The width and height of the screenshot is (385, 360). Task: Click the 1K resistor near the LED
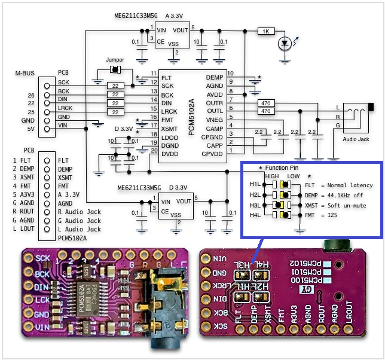(266, 30)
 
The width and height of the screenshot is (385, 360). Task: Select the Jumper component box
(115, 71)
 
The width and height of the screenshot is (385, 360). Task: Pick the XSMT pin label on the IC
(168, 129)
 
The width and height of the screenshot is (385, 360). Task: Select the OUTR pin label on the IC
(215, 103)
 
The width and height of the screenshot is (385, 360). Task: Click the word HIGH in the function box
(272, 176)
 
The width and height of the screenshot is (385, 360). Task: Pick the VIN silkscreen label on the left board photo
(42, 327)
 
